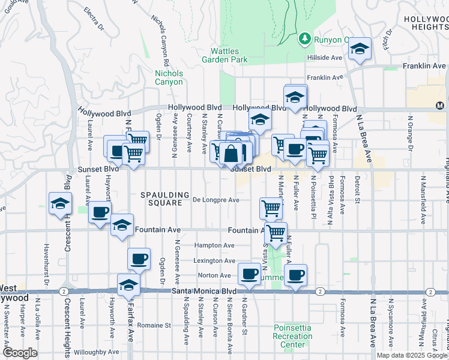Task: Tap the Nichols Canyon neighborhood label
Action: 169,77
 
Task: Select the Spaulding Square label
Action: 161,199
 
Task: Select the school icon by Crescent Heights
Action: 60,203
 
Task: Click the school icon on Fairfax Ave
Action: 128,285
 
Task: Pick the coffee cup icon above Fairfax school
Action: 139,259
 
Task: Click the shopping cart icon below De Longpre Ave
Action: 271,208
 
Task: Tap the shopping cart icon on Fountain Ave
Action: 276,232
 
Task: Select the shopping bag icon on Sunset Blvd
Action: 231,154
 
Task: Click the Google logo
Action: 19,353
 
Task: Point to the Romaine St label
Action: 154,325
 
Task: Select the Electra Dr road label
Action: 95,12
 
